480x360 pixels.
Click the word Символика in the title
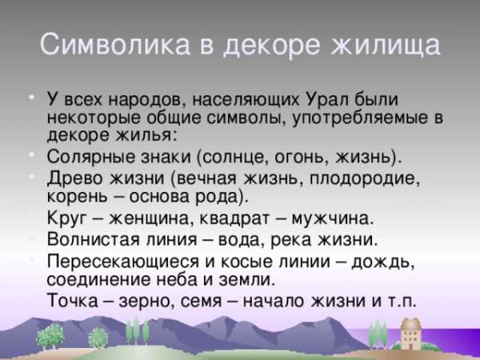pyautogui.click(x=115, y=45)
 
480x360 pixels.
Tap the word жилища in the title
pyautogui.click(x=386, y=46)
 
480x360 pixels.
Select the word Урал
pyautogui.click(x=327, y=100)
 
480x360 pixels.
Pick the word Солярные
pyautogui.click(x=91, y=157)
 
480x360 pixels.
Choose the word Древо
pyautogui.click(x=75, y=178)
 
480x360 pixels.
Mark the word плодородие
pyautogui.click(x=365, y=178)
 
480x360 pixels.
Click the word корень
pyautogui.click(x=77, y=197)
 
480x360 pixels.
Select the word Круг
pyautogui.click(x=67, y=218)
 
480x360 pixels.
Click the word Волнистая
pyautogui.click(x=94, y=239)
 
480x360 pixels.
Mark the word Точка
pyautogui.click(x=73, y=300)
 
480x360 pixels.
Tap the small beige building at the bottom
pyautogui.click(x=410, y=334)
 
